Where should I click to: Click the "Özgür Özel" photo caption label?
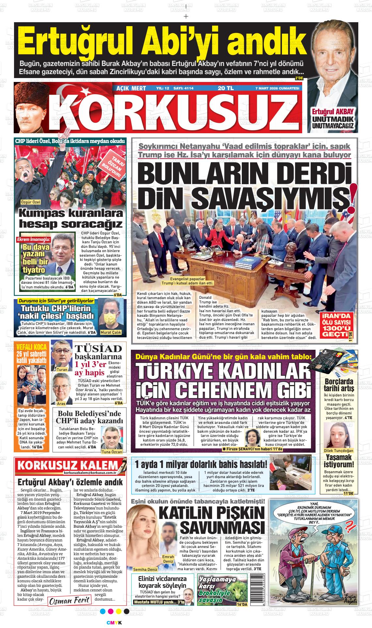click(x=30, y=202)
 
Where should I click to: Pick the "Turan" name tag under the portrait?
click(x=62, y=370)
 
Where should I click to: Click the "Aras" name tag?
click(x=61, y=403)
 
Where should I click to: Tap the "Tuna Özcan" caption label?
click(x=112, y=452)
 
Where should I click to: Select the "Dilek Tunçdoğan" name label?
click(x=339, y=451)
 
